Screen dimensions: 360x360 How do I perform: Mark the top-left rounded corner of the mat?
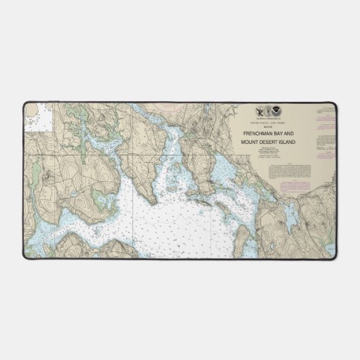pos(24,103)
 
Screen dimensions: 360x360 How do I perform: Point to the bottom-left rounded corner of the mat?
pos(24,257)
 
